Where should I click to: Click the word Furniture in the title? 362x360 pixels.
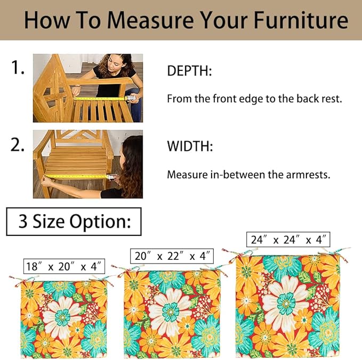click(x=301, y=20)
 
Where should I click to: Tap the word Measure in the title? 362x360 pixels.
click(x=150, y=20)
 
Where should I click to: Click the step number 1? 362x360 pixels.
click(x=18, y=67)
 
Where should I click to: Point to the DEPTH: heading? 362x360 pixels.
click(x=189, y=71)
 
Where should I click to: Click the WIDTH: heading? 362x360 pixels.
click(x=190, y=146)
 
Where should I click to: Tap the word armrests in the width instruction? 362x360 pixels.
click(x=308, y=175)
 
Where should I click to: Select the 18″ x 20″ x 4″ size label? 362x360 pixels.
click(x=64, y=266)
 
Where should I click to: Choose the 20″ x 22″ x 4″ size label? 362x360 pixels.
click(x=172, y=256)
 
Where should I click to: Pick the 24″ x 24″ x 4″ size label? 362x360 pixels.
click(x=288, y=240)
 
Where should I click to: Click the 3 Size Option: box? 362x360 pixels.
click(x=74, y=222)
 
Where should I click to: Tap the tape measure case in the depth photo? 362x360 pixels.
click(x=131, y=98)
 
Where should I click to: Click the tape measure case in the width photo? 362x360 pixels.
click(x=111, y=177)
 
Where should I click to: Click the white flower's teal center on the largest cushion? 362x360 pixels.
click(x=286, y=304)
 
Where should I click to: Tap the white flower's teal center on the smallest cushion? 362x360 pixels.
click(x=62, y=317)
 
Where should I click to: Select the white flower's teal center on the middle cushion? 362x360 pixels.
click(x=171, y=313)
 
